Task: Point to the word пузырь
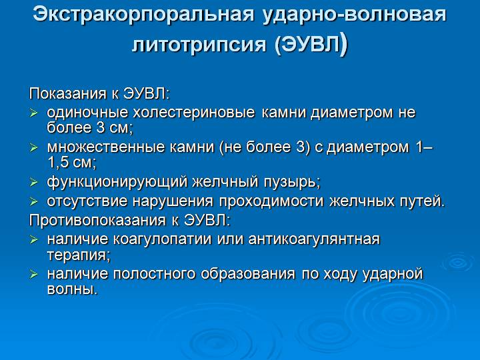click(x=290, y=182)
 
